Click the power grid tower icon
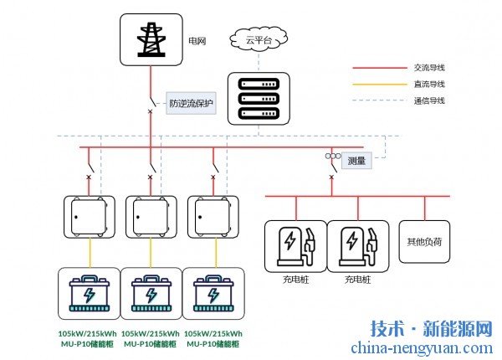(151, 39)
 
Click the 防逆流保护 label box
(192, 104)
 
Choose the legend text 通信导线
(428, 100)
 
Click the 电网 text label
(197, 39)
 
